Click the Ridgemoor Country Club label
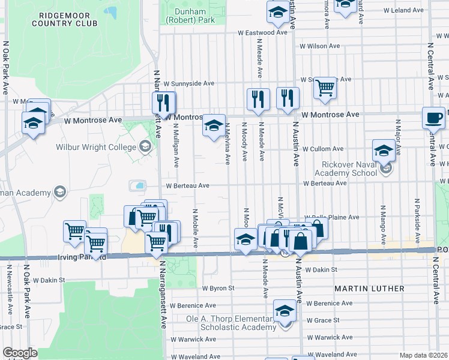(x=65, y=19)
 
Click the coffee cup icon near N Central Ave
(x=433, y=118)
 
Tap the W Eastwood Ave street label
(x=262, y=32)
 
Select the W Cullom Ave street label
(x=322, y=149)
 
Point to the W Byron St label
(x=217, y=289)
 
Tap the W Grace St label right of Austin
(x=322, y=320)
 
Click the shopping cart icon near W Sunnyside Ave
(x=325, y=88)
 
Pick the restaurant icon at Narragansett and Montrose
(x=163, y=102)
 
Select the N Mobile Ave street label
(x=196, y=229)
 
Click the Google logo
(x=20, y=353)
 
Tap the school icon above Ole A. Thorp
(x=285, y=310)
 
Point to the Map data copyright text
(x=423, y=355)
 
